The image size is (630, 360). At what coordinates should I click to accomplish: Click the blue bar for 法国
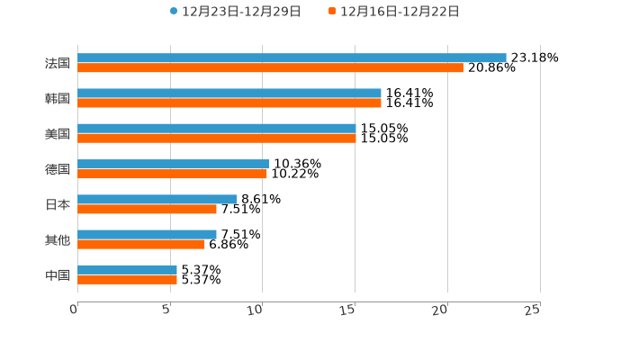tap(292, 58)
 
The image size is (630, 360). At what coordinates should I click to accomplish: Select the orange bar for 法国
tap(270, 68)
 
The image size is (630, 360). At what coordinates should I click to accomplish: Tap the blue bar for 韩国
tap(229, 93)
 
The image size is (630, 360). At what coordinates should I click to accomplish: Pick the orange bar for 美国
tap(217, 139)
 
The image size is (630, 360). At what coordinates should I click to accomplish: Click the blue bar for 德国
tap(173, 164)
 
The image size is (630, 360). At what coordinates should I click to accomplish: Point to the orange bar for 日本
tap(147, 209)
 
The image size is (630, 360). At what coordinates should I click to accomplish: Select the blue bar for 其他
tap(147, 234)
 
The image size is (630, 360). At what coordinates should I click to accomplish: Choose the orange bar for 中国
tap(127, 280)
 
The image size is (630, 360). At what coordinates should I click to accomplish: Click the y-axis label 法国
tap(58, 63)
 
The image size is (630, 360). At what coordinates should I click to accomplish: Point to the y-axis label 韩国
tap(58, 98)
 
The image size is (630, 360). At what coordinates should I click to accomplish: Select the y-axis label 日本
tap(58, 204)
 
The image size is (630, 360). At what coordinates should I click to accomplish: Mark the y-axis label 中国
tap(58, 274)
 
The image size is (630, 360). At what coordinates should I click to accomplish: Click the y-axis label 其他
tap(58, 239)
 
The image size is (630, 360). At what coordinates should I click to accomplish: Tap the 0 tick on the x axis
tap(75, 310)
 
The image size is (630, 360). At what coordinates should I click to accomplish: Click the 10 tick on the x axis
tap(257, 310)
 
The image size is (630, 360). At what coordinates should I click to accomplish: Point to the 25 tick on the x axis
tap(533, 310)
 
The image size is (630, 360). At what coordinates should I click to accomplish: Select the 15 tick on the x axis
tap(350, 310)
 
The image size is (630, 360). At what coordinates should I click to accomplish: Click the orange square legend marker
tap(332, 12)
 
